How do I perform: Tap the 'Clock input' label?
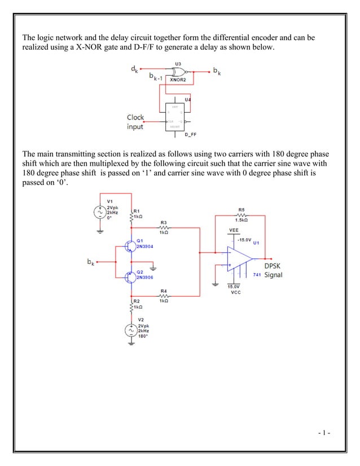[x=135, y=122]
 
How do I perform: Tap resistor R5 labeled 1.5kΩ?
[x=242, y=214]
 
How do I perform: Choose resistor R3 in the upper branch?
[x=164, y=227]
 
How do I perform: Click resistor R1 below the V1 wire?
[x=131, y=215]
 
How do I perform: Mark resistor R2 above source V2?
[x=131, y=306]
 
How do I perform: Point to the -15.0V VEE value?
[x=244, y=239]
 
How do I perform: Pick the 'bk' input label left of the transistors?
[x=90, y=262]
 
